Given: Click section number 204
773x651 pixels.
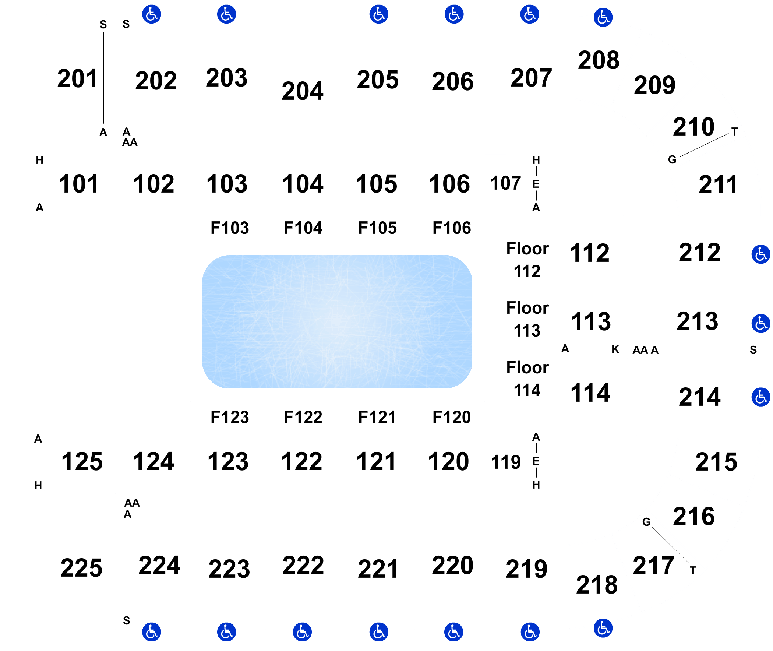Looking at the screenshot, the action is pos(302,91).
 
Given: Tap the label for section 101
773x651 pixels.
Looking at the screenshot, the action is pos(79,184).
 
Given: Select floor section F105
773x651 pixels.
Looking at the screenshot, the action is pos(377,228).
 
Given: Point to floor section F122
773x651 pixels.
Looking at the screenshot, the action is pos(303,418).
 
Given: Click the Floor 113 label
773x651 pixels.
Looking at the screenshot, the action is pos(527,319).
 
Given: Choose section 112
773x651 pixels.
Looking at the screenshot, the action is pos(589,254).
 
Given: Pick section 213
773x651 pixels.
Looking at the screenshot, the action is pos(697,321).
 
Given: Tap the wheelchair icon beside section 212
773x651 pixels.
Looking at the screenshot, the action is pos(760,254).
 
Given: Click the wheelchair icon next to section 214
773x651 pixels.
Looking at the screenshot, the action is pos(760,397).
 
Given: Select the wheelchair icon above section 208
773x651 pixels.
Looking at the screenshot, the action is pos(603,17).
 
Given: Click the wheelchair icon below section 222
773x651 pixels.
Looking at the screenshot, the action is pos(302,632).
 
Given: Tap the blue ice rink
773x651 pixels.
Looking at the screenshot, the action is pos(336,321).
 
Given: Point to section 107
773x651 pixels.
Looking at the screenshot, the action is pos(505,183).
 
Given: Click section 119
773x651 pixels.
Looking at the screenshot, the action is pos(506,462).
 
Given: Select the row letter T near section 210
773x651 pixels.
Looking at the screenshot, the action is pos(734,132).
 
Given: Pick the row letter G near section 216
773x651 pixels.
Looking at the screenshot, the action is pos(646,522).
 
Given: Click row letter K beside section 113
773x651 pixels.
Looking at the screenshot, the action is pos(615,349).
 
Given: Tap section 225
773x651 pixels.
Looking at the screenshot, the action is pos(82,568).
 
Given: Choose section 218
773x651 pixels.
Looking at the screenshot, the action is pos(597,585).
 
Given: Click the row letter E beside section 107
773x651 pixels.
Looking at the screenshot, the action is pos(536,184).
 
